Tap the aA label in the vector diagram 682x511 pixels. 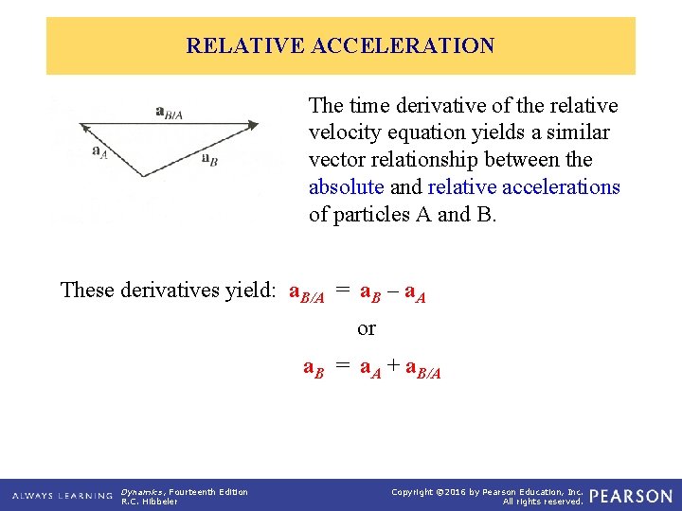coord(99,150)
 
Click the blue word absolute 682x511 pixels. coord(347,186)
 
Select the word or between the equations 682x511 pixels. coord(367,328)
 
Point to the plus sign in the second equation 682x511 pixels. coord(392,368)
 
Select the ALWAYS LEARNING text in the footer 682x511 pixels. coord(63,496)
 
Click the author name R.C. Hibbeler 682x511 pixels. coord(149,502)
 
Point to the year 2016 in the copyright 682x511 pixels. coord(477,492)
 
